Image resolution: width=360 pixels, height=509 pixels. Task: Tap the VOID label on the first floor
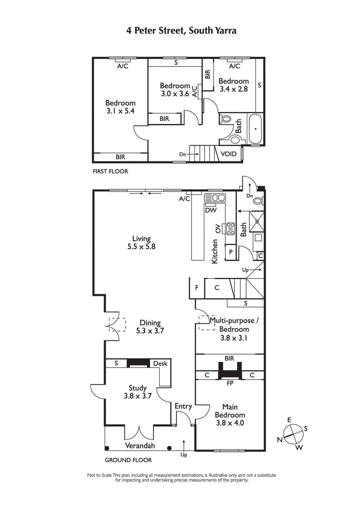pyautogui.click(x=229, y=154)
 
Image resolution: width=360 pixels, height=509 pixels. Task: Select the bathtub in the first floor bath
pyautogui.click(x=255, y=129)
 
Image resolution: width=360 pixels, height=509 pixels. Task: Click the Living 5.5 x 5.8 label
pyautogui.click(x=141, y=243)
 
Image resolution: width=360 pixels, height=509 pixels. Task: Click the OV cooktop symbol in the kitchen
pyautogui.click(x=231, y=229)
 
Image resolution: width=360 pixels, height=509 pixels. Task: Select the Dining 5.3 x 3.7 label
pyautogui.click(x=150, y=326)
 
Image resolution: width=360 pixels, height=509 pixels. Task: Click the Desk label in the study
pyautogui.click(x=160, y=363)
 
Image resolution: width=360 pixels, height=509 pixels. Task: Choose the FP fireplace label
pyautogui.click(x=230, y=384)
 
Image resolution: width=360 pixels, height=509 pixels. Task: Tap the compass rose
pyautogui.click(x=292, y=434)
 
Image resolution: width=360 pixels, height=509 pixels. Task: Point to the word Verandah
pyautogui.click(x=140, y=446)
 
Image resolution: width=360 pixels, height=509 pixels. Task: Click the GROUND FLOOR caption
pyautogui.click(x=128, y=460)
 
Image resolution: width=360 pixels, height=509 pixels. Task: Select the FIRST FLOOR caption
pyautogui.click(x=110, y=171)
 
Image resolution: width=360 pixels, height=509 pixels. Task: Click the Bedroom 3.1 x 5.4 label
pyautogui.click(x=120, y=107)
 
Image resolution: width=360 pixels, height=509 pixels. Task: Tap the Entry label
pyautogui.click(x=183, y=406)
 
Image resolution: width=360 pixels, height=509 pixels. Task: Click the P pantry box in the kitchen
pyautogui.click(x=230, y=252)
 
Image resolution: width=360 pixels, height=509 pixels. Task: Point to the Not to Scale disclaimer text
pyautogui.click(x=181, y=478)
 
